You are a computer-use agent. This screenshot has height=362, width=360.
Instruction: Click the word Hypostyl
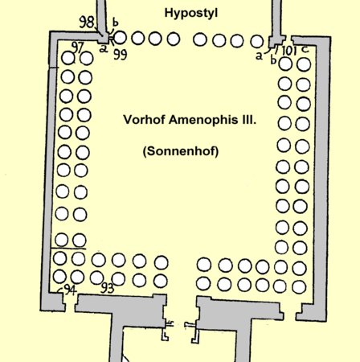click(191, 13)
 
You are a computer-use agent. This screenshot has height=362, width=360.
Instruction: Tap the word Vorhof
click(144, 120)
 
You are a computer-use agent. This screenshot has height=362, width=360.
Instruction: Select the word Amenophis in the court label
click(203, 120)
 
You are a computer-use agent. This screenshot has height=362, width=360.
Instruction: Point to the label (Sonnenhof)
click(181, 151)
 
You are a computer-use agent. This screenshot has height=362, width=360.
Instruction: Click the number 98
click(87, 22)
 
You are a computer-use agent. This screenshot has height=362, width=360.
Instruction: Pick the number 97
click(78, 47)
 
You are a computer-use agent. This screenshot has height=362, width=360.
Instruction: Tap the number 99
click(120, 55)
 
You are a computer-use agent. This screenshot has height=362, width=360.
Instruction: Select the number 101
click(289, 51)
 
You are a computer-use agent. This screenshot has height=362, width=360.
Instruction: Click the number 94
click(71, 290)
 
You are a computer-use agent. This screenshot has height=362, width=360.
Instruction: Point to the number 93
click(107, 288)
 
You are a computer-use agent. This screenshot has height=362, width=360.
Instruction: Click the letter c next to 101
click(305, 49)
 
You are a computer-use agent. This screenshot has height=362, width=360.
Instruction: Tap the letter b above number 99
click(115, 23)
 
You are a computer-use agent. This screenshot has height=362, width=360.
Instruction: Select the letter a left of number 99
click(103, 49)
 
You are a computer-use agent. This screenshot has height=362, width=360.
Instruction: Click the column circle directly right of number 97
click(87, 58)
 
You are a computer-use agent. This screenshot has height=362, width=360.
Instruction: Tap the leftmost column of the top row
click(120, 38)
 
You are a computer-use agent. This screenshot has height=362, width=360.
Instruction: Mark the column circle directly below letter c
click(304, 64)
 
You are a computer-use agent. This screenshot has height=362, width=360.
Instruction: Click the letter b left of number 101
click(273, 60)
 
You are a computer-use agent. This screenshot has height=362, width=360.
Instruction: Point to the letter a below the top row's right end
click(259, 56)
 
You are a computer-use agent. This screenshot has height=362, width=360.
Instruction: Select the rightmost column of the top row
click(257, 41)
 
